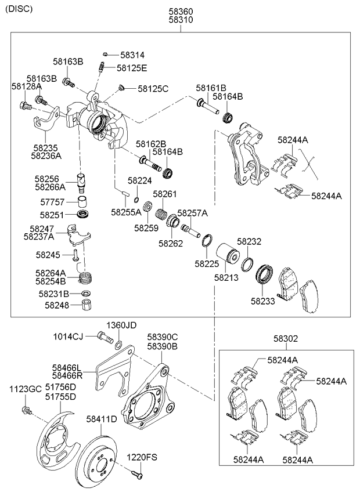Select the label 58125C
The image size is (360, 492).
pos(153,89)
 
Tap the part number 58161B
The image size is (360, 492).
pos(210,88)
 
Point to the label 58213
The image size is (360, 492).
pos(226,278)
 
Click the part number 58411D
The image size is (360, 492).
pos(102,418)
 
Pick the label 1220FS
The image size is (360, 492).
pos(142,458)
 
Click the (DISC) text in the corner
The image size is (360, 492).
pos(19,9)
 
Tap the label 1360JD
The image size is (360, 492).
pos(120,325)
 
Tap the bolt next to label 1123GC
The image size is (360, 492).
pos(26,411)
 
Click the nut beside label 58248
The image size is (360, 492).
pos(85,306)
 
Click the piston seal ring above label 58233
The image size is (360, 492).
pos(267,273)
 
